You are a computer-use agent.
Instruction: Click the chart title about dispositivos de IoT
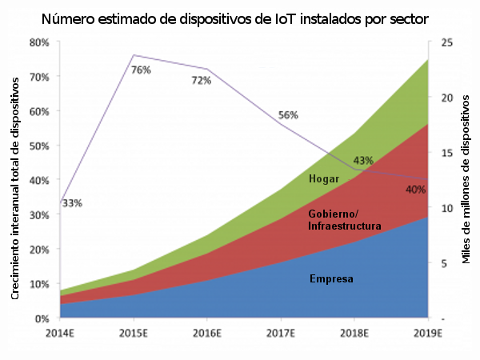click(x=239, y=17)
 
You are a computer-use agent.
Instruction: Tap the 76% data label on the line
click(x=142, y=70)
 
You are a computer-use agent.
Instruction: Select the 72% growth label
click(x=201, y=80)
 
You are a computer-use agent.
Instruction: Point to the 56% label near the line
click(x=287, y=115)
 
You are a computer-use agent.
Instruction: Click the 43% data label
click(x=363, y=161)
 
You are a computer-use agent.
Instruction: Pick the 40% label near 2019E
click(x=415, y=190)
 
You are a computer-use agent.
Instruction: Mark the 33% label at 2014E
click(x=72, y=203)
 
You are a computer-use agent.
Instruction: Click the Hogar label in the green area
click(x=323, y=178)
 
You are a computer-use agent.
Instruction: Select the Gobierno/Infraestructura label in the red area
click(x=344, y=221)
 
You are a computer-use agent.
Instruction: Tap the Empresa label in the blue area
click(x=331, y=279)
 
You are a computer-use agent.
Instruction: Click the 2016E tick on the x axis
click(x=207, y=333)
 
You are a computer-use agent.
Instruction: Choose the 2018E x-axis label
click(x=354, y=333)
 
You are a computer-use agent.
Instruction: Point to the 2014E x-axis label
click(x=60, y=333)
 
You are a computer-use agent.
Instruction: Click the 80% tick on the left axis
click(x=39, y=42)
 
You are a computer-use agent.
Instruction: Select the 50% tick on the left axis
click(x=39, y=146)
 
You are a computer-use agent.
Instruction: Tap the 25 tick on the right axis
click(x=448, y=42)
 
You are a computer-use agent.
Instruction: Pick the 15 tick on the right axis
click(x=448, y=153)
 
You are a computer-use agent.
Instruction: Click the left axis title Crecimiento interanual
click(x=16, y=180)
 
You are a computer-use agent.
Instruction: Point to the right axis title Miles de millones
click(x=466, y=180)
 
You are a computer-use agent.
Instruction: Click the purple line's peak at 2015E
click(x=134, y=55)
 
